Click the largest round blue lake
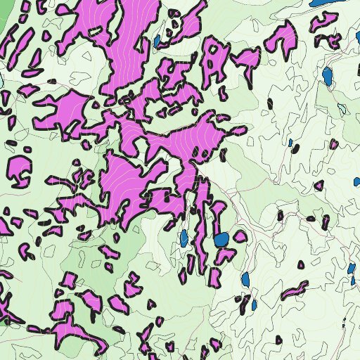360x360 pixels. (x=221, y=240)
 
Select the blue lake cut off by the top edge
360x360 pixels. (x=321, y=2)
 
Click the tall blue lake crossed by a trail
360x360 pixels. (x=327, y=75)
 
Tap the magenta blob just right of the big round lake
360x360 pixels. (x=240, y=236)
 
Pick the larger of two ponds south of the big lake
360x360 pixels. (x=245, y=279)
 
